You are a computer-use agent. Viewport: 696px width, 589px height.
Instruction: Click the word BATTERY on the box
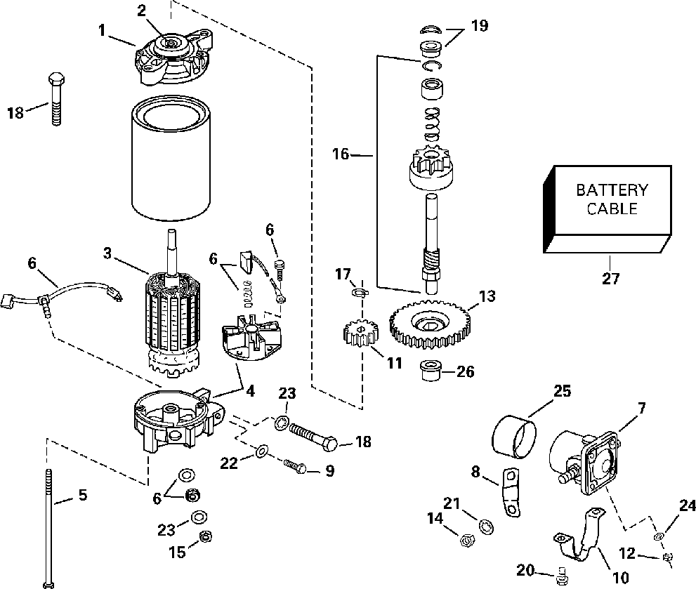coord(612,190)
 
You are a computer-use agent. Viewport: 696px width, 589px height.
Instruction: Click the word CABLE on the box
coord(612,209)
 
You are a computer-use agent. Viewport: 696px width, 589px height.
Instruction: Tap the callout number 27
coord(610,279)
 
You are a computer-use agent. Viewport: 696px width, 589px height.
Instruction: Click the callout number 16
coord(341,154)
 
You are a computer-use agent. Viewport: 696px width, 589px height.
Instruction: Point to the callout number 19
coord(480,25)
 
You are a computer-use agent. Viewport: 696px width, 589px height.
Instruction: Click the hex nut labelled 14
coord(465,539)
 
